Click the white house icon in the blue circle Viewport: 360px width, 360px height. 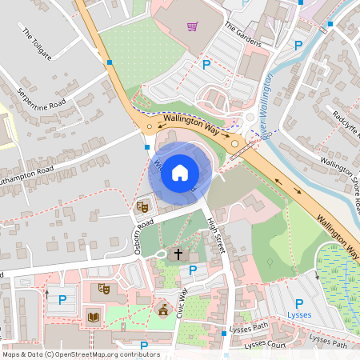[x=180, y=172]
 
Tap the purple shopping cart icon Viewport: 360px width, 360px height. [x=192, y=26]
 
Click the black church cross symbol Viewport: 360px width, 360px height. [x=177, y=254]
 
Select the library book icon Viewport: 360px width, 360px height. [x=93, y=317]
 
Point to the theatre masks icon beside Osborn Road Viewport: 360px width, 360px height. [x=143, y=206]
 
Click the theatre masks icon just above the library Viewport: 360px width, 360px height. [x=102, y=288]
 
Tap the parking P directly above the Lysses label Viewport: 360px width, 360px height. [x=298, y=303]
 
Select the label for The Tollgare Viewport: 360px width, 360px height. [x=37, y=46]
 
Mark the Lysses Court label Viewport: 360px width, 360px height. [x=265, y=344]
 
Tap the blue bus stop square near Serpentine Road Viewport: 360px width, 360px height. [x=109, y=62]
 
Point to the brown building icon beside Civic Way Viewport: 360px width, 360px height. [x=164, y=309]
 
